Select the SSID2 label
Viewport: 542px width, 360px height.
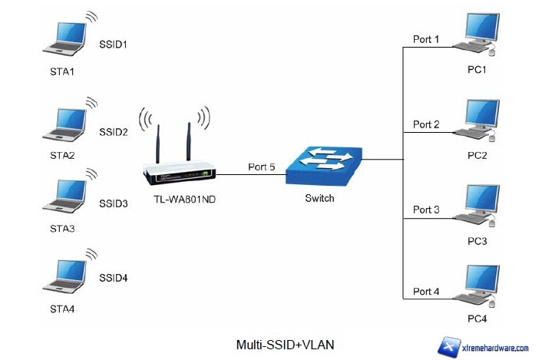coord(113,132)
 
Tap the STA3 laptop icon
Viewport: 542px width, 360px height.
coord(64,197)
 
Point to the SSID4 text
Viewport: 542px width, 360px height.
coord(113,277)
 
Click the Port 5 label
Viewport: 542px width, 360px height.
coord(261,166)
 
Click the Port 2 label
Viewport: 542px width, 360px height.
coord(426,124)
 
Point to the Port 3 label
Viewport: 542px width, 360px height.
coord(426,209)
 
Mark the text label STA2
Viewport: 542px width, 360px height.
coord(62,155)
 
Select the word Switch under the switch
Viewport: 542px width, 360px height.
coord(319,199)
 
